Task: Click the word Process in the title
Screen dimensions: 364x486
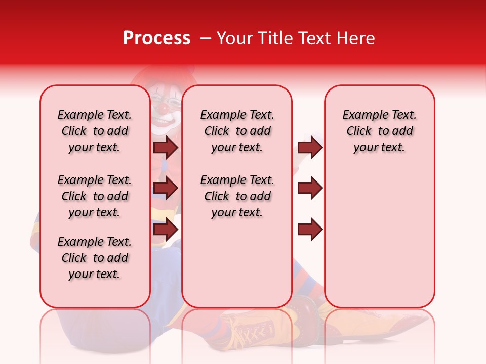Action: [156, 38]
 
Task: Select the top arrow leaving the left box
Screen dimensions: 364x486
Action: [165, 147]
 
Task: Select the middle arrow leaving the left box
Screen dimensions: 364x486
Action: [165, 189]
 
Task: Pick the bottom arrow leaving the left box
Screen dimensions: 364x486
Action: [165, 230]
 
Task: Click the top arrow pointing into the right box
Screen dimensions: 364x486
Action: [310, 147]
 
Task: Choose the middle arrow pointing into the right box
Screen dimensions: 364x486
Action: [310, 189]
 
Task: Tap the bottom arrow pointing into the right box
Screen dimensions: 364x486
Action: [310, 230]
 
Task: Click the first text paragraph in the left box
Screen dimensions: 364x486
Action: [95, 131]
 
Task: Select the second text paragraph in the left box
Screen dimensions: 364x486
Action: [95, 196]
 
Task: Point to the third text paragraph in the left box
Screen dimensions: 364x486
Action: [95, 258]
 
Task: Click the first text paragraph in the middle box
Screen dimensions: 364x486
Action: [237, 131]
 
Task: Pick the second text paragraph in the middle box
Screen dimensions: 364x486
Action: [237, 196]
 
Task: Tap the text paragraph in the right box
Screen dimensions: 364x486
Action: [379, 131]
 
